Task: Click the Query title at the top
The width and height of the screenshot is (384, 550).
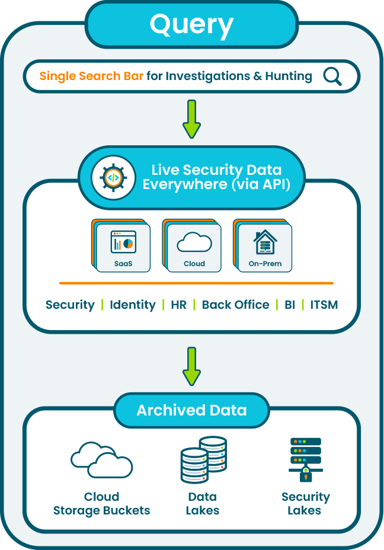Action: (x=191, y=25)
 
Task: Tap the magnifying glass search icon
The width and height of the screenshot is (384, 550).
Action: (x=332, y=76)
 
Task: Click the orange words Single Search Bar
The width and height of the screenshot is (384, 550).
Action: (x=91, y=76)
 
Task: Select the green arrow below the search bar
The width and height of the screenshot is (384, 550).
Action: (x=191, y=119)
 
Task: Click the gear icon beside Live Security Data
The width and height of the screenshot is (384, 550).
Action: (x=113, y=177)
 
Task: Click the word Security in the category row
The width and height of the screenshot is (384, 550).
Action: (x=70, y=305)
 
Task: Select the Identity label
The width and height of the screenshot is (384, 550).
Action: (x=133, y=305)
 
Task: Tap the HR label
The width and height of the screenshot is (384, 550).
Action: (x=178, y=305)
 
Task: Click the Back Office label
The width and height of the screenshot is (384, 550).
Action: (x=235, y=305)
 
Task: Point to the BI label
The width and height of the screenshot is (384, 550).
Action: (x=289, y=305)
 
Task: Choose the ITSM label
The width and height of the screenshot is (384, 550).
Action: (x=324, y=305)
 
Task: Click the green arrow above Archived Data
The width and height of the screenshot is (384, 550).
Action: (x=191, y=366)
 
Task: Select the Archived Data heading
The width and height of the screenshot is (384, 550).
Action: (x=191, y=410)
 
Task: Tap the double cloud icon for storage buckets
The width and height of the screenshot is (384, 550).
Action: (x=101, y=460)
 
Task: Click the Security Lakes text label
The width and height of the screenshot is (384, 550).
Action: (x=305, y=503)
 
